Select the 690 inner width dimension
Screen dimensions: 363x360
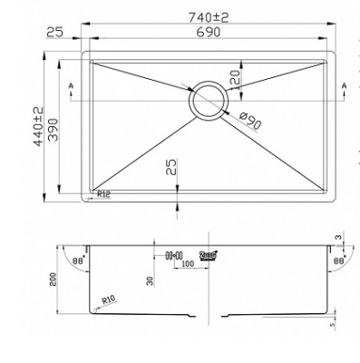coord(208,32)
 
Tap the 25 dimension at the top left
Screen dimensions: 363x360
coord(54,32)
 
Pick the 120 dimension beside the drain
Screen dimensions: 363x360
coord(236,79)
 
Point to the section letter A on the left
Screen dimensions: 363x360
coord(73,86)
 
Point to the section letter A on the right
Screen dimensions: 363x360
coord(344,86)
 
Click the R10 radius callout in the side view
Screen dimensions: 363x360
coord(112,298)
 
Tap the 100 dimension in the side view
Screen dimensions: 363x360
coord(188,265)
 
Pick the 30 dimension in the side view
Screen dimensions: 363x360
coord(151,281)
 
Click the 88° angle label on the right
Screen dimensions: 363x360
coord(339,260)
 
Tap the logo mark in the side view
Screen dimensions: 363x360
coord(209,256)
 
